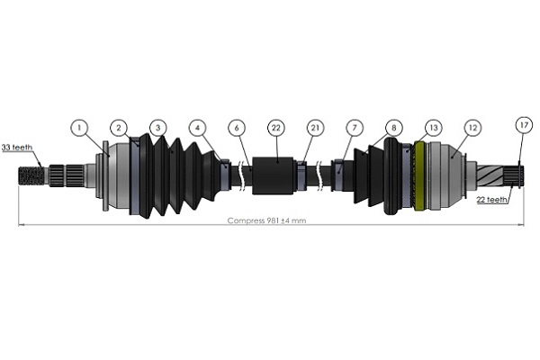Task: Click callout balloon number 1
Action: tap(80, 129)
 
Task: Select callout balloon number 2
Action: tap(119, 129)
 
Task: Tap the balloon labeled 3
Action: tap(158, 129)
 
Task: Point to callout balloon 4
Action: tap(198, 129)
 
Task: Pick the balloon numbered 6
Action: tap(237, 129)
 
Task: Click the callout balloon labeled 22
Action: tap(275, 129)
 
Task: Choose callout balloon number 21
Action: tap(315, 129)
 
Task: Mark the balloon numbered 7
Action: tap(355, 129)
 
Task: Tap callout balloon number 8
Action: tap(393, 129)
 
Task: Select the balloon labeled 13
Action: tap(433, 129)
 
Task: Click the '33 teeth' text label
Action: tap(18, 148)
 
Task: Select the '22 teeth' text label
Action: tap(493, 200)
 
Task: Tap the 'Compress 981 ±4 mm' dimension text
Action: tap(266, 220)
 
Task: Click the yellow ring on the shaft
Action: tap(419, 176)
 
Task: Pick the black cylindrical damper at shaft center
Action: tap(274, 175)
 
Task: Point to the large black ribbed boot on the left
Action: tap(171, 175)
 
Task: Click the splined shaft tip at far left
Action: tap(31, 173)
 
